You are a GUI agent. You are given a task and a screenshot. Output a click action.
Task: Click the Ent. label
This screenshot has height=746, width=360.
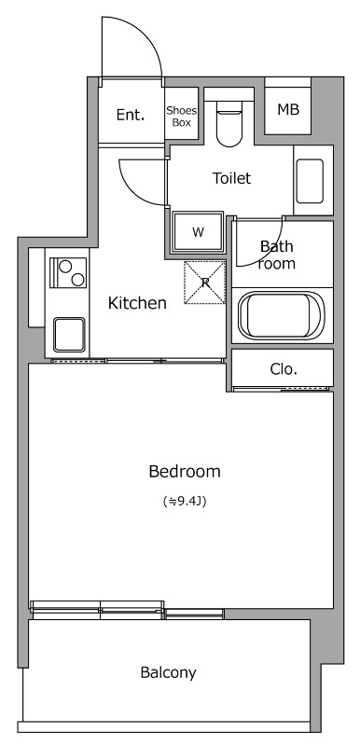click(x=131, y=115)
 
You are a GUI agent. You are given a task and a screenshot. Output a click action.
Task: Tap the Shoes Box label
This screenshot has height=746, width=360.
click(x=181, y=117)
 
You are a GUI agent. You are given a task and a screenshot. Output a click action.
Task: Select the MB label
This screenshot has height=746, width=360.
click(x=288, y=110)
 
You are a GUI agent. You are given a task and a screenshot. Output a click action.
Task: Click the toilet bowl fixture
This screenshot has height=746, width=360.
click(x=229, y=123)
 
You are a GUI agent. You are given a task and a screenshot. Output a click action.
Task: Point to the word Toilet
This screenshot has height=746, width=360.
click(x=231, y=178)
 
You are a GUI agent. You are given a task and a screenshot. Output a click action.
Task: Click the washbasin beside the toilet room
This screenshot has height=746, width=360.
click(x=310, y=180)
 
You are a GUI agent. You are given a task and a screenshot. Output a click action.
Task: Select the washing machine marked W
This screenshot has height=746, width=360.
click(x=198, y=232)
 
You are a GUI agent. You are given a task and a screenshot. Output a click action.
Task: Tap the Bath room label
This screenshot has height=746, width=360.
click(x=277, y=255)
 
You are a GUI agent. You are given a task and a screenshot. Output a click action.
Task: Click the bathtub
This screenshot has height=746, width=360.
click(x=282, y=314)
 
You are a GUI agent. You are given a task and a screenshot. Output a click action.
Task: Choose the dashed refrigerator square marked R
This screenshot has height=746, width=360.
click(x=205, y=283)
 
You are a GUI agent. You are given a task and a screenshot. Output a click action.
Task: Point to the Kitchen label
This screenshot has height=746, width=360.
click(x=137, y=303)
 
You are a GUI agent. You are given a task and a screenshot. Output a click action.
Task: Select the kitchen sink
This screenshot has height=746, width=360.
click(x=69, y=335)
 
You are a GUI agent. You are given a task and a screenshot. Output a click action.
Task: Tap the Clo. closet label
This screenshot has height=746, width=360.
click(x=284, y=368)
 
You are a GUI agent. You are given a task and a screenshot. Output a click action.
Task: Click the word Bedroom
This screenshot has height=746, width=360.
click(x=185, y=472)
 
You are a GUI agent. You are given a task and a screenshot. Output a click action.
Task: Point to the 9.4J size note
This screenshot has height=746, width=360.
click(x=185, y=501)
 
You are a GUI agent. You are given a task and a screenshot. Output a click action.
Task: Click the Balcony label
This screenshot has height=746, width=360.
click(x=169, y=672)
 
